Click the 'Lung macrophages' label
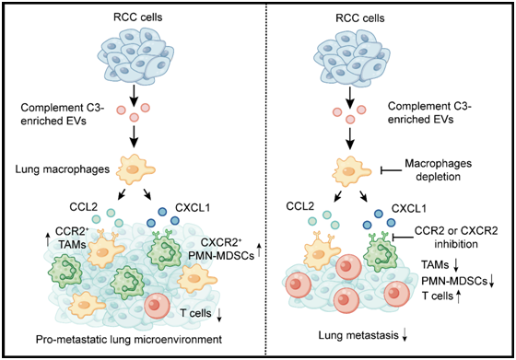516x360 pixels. pos(63,169)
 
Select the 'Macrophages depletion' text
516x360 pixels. pos(438,170)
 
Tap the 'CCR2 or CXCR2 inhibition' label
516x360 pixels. pos(456,238)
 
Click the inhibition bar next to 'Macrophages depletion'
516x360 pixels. pos(391,170)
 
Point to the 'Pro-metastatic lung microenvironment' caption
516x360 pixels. pos(129,339)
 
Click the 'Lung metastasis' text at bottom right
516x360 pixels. pos(358,335)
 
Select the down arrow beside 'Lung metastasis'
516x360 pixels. pos(405,335)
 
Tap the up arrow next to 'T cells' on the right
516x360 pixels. pos(459,296)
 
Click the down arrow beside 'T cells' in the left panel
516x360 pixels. pos(219,314)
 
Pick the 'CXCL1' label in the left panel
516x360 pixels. pos(193,208)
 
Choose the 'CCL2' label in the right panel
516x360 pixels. pos(300,206)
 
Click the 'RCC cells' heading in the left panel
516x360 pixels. pos(138,17)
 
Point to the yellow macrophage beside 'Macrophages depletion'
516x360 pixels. pos(351,171)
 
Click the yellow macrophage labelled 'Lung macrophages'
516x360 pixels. pos(135,170)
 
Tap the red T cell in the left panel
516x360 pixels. pos(157,306)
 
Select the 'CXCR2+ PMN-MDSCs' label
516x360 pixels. pos(228,249)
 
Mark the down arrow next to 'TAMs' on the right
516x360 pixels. pos(456,265)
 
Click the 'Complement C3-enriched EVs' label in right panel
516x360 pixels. pos(429,112)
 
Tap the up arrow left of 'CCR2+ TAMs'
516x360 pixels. pos(48,239)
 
